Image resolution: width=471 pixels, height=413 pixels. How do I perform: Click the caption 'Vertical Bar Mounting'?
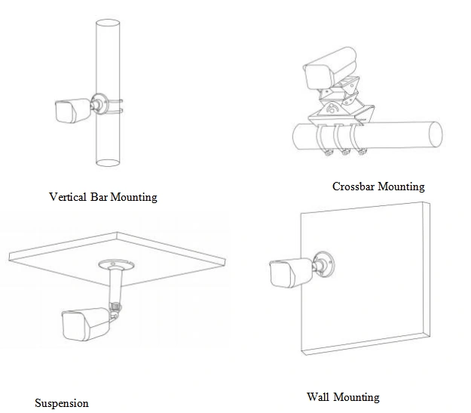[x=102, y=197]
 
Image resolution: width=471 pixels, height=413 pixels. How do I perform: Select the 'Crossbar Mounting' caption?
[x=378, y=186]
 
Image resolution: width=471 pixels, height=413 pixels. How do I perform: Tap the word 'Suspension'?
[x=62, y=403]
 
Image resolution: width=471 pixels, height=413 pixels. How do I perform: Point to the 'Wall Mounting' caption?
[x=343, y=396]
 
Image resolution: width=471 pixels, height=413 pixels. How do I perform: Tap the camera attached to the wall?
[x=289, y=273]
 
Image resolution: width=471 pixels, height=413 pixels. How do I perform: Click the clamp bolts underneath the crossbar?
[x=345, y=154]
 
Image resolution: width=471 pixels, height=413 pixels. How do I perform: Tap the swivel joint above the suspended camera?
[x=115, y=307]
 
